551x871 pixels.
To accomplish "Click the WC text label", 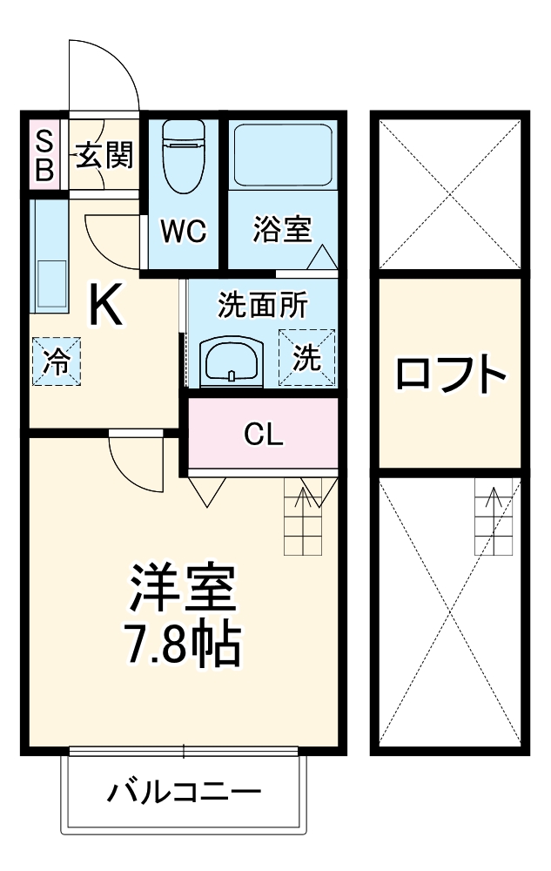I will [183, 232].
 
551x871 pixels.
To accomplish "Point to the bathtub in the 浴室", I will [283, 154].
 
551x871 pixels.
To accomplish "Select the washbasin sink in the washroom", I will [232, 360].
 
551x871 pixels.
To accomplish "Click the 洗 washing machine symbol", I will [306, 357].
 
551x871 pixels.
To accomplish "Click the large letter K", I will [106, 307].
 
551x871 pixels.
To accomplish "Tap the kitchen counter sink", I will [50, 284].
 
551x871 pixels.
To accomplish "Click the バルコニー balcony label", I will [184, 793].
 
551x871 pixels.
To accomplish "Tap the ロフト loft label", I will [450, 375].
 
